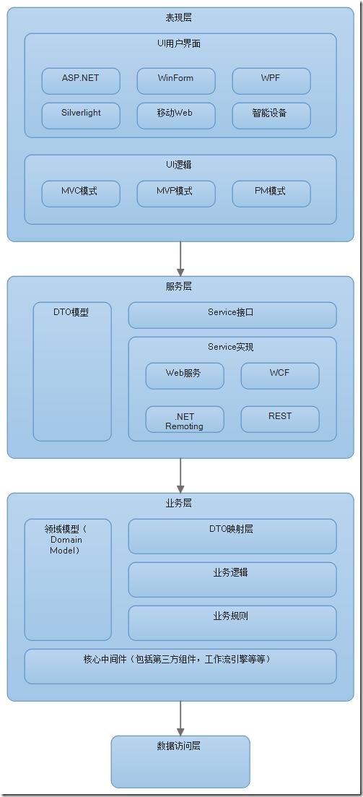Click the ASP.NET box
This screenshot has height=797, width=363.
point(81,80)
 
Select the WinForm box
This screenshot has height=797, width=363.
point(175,80)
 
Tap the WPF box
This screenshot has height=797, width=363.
point(271,80)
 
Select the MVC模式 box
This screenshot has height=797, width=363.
point(81,194)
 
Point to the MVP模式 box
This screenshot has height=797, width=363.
point(175,194)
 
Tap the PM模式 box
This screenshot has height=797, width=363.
point(271,194)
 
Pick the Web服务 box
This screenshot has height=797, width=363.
point(184,376)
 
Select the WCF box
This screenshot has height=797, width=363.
point(279,376)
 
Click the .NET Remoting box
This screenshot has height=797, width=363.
point(184,419)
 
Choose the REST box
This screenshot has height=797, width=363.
point(279,419)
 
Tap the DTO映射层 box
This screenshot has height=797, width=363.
point(232,536)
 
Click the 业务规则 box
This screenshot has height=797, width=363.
point(232,622)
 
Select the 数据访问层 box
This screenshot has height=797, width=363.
point(180,761)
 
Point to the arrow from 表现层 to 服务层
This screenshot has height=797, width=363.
point(180,258)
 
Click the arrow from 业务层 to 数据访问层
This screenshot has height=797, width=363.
point(180,718)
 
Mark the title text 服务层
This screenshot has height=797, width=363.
point(179,287)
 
